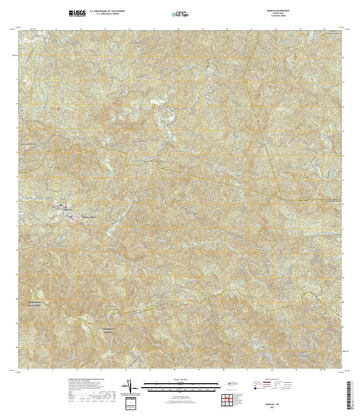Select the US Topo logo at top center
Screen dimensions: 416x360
(180, 14)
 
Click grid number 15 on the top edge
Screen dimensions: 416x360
(105, 30)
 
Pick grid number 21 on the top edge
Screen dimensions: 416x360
(251, 30)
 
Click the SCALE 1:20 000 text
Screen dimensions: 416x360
(180, 380)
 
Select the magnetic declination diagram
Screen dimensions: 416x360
(130, 386)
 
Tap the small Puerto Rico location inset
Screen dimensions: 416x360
(230, 383)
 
